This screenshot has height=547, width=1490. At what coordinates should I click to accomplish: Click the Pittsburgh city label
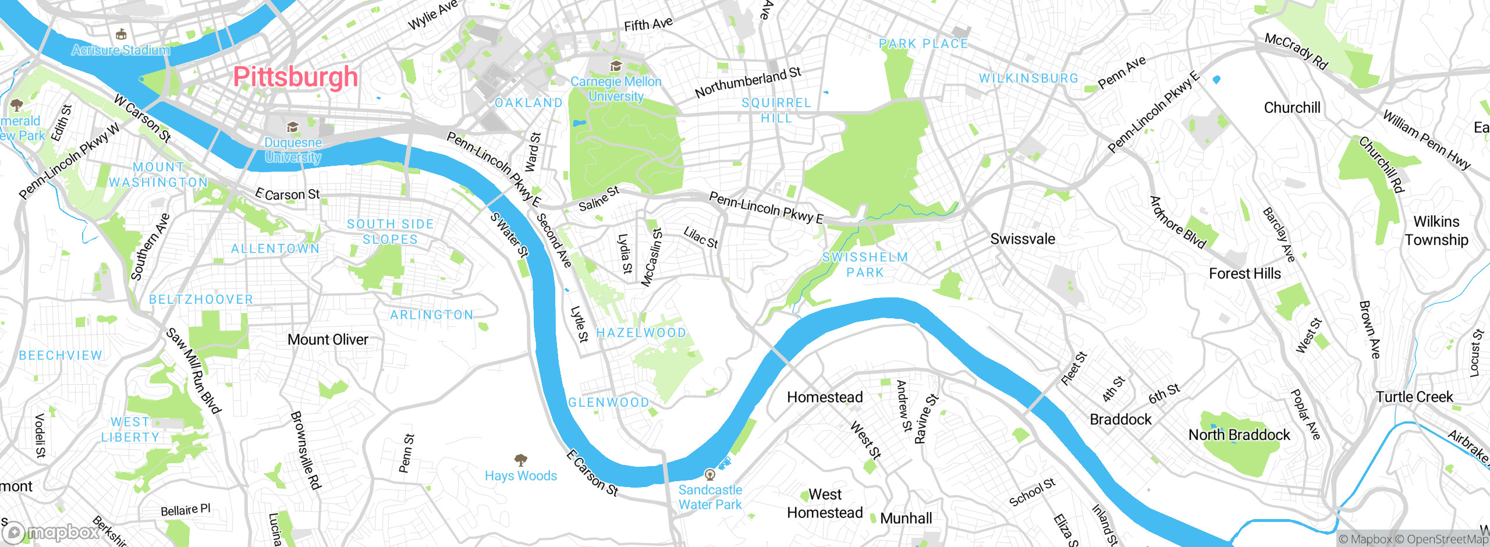point(295,77)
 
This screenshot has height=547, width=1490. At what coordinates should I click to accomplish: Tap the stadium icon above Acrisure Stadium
point(121,34)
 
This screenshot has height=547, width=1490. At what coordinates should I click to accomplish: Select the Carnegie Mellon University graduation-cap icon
point(615,66)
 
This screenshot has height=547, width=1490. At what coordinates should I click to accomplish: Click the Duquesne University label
point(293,150)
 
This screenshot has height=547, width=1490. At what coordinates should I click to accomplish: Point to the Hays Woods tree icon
point(521,460)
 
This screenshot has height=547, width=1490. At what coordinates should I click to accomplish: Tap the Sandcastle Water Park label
point(710,498)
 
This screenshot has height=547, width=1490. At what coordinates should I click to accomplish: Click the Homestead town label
point(825,397)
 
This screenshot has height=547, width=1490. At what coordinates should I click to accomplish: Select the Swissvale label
point(1023,239)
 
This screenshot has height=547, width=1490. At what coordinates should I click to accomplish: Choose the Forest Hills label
point(1244,273)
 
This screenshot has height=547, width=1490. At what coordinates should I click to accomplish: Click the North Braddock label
point(1239,435)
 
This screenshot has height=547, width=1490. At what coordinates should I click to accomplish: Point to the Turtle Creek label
point(1414,397)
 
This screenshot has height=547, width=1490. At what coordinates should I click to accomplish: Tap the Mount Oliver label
point(328,340)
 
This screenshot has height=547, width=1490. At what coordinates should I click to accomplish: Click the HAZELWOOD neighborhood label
point(641,333)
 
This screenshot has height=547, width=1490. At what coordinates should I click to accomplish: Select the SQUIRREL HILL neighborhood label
point(776,110)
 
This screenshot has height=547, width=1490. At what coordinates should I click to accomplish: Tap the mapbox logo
point(52,532)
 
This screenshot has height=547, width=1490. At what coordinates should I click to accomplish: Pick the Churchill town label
point(1292,108)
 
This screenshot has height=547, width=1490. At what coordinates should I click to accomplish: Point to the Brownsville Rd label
point(306,450)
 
